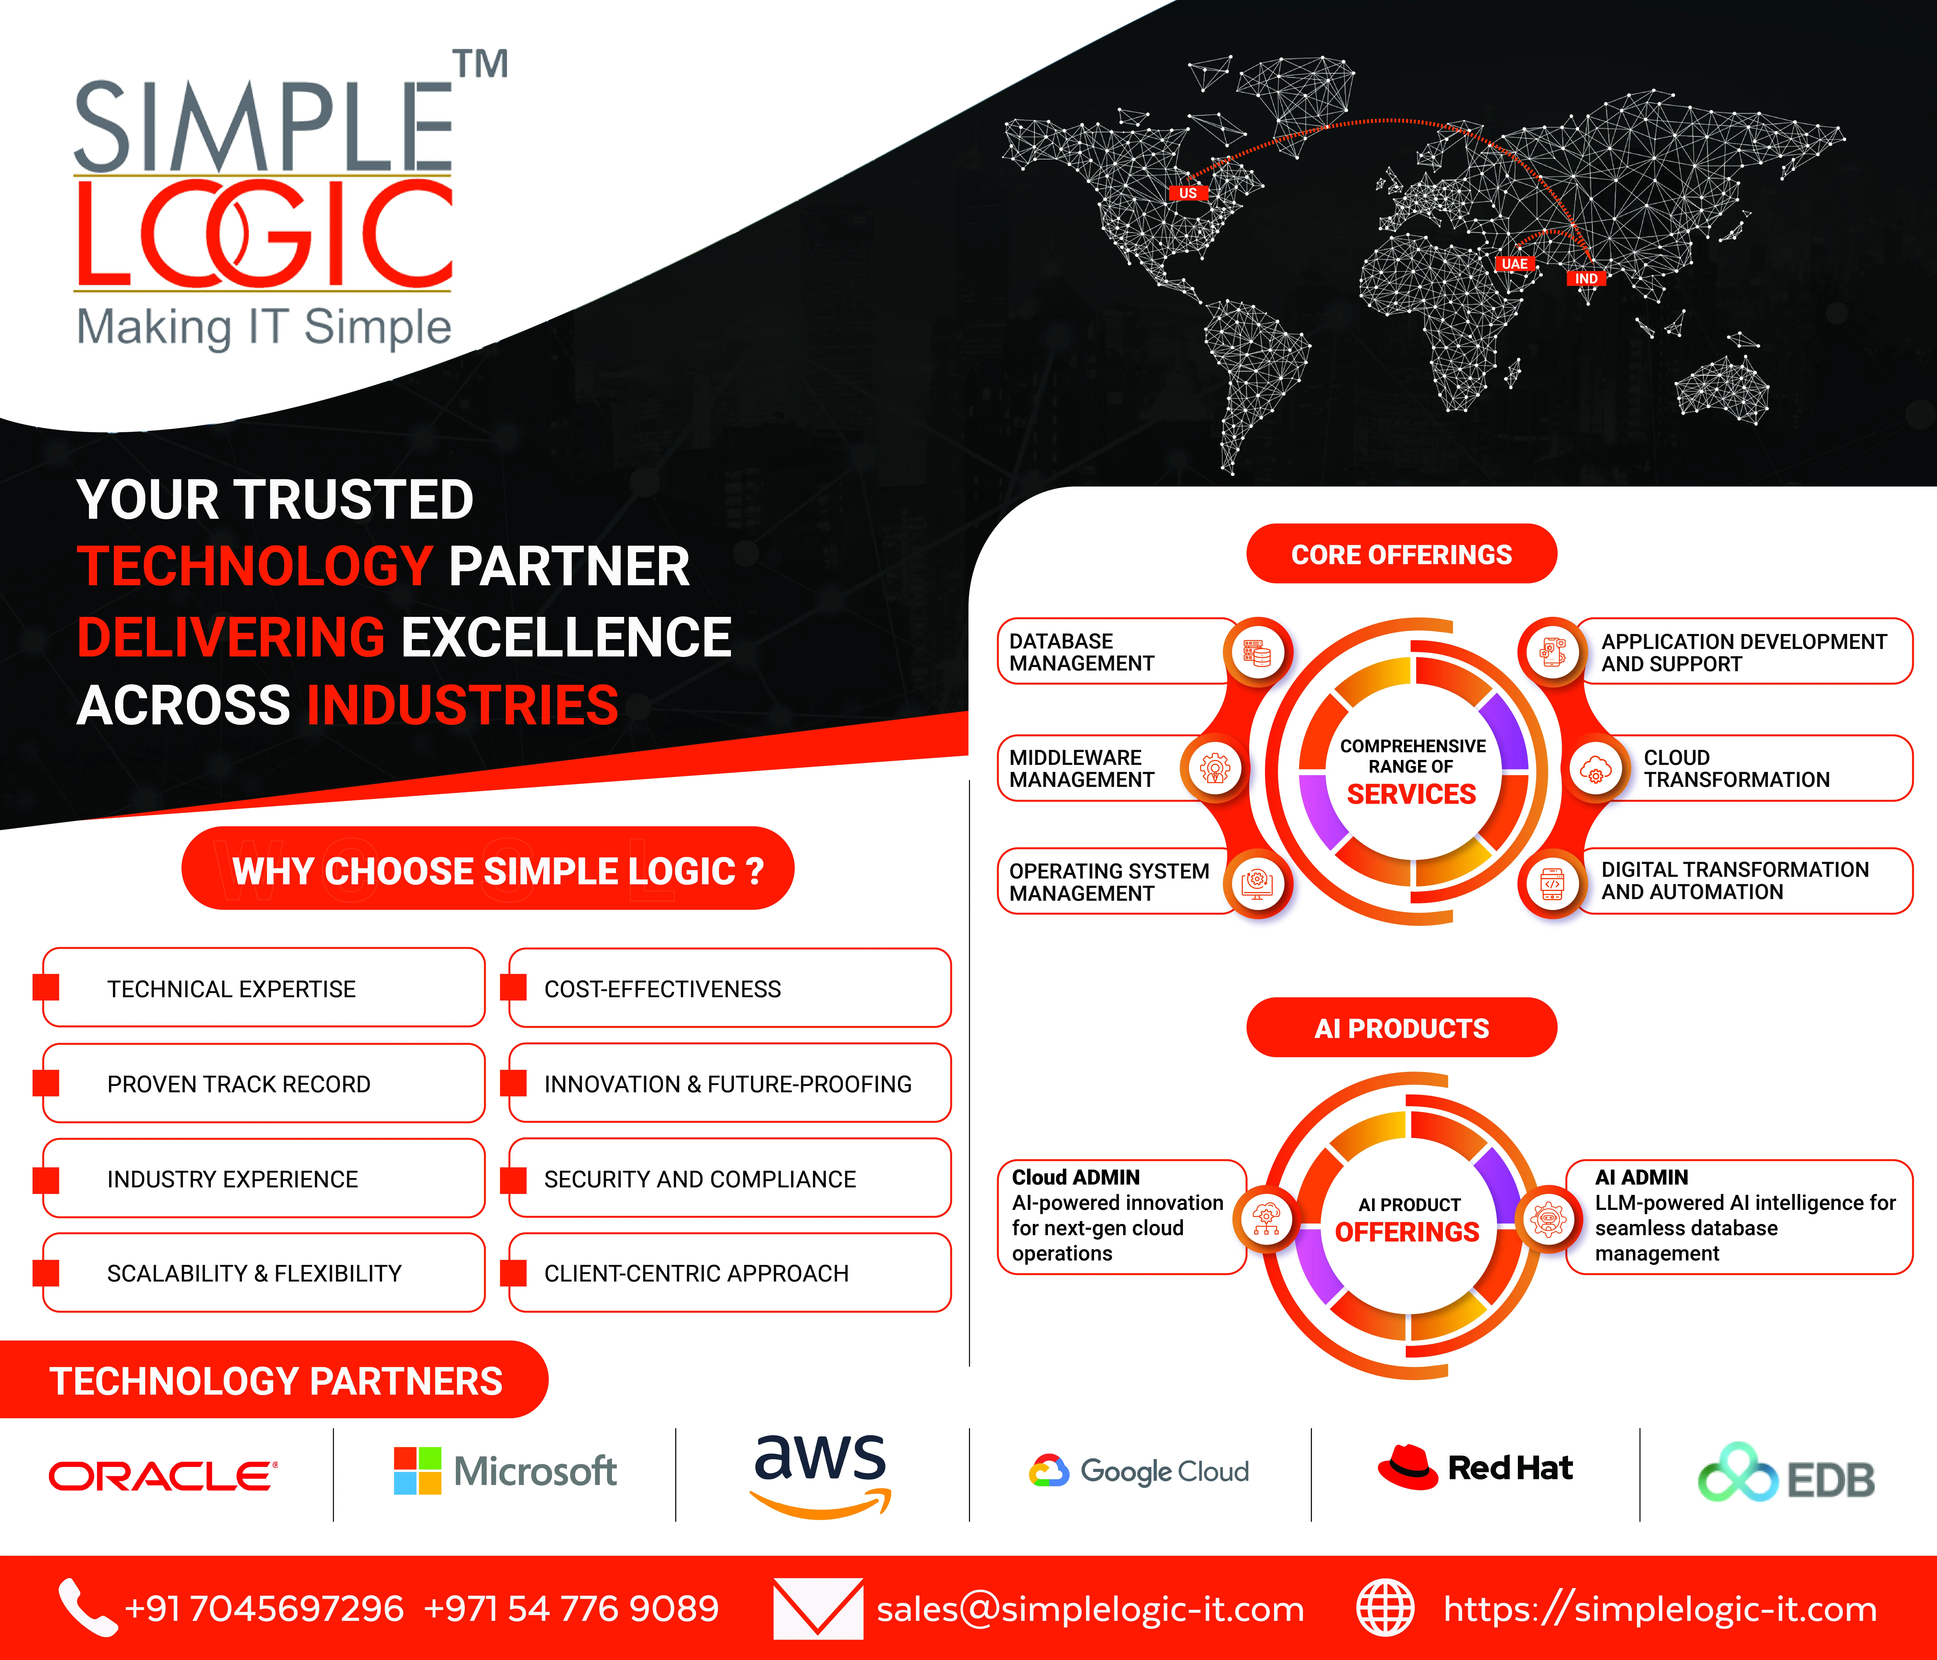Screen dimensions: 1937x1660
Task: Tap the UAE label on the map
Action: [1514, 263]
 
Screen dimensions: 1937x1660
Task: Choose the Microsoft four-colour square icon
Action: [417, 1470]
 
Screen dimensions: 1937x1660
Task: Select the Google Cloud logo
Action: [1139, 1471]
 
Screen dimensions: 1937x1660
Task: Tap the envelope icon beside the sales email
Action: [818, 1608]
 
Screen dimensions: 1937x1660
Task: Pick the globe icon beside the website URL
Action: [1386, 1608]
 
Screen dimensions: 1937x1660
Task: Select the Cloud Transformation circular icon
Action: [1596, 769]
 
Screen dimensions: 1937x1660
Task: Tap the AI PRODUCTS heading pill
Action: [1401, 1027]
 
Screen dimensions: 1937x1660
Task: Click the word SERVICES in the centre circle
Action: [1412, 794]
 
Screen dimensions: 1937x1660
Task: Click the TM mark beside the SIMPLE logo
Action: [481, 63]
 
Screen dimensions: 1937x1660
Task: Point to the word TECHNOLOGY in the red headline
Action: [254, 567]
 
